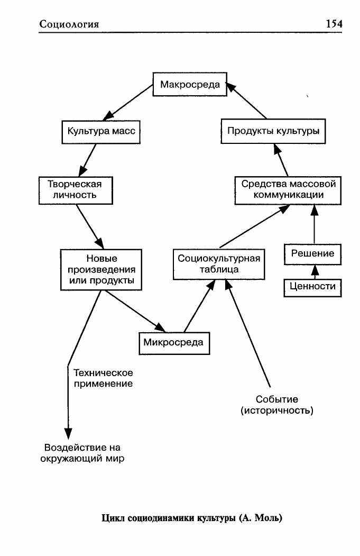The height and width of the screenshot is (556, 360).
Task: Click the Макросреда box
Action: (x=190, y=85)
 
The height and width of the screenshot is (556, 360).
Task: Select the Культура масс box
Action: (x=101, y=132)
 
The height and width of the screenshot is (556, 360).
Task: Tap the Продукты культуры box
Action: (x=273, y=131)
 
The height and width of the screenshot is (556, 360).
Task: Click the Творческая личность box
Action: (x=76, y=190)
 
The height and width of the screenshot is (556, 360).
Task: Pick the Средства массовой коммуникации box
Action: (x=288, y=190)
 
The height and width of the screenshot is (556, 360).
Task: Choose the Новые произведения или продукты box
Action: (x=101, y=270)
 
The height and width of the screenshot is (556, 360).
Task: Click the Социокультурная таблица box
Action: (x=219, y=265)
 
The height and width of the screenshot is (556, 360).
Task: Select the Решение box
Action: (x=312, y=254)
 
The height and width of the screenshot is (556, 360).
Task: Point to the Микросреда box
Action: (x=174, y=343)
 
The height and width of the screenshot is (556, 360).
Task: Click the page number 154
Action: (x=334, y=24)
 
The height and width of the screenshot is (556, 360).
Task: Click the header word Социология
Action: (x=69, y=24)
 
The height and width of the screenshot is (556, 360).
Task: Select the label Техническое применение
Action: (x=103, y=378)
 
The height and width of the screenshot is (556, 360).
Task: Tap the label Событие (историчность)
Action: (x=277, y=405)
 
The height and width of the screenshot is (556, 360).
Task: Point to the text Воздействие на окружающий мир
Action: (x=82, y=453)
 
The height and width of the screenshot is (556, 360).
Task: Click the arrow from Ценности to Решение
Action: (x=315, y=272)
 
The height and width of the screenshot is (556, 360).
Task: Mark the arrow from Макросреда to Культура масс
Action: (x=127, y=103)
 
